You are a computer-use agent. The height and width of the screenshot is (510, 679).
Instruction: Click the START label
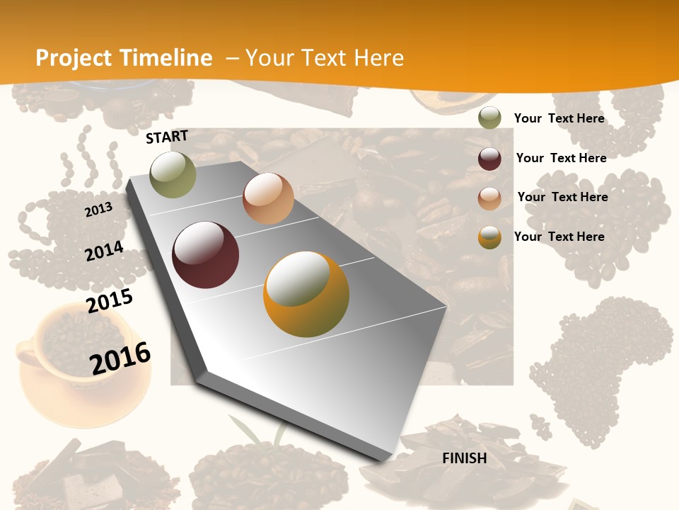(167, 137)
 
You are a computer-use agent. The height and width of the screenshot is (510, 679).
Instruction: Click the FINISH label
(464, 458)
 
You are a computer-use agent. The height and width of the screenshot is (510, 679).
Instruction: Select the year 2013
(98, 210)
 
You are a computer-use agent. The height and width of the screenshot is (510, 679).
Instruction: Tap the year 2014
(104, 251)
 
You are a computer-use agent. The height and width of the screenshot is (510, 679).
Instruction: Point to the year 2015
(110, 301)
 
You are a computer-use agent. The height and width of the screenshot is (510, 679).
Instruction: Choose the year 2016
(120, 358)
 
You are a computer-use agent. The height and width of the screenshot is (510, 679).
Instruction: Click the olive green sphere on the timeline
(173, 174)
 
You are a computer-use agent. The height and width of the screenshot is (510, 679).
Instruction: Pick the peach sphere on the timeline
(268, 198)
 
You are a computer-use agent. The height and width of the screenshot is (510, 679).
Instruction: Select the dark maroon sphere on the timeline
(206, 255)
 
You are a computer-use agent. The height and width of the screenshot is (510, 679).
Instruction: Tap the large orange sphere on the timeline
(306, 294)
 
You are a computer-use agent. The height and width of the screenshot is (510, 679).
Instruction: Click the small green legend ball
(489, 118)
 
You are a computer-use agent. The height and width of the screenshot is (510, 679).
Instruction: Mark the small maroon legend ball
(489, 159)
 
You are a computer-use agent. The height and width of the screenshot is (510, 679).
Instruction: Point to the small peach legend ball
(489, 198)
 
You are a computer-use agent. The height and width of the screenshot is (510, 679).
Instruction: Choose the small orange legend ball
(489, 237)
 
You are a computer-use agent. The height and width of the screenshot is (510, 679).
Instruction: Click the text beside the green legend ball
(559, 118)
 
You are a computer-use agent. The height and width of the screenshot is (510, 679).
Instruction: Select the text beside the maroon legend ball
(561, 158)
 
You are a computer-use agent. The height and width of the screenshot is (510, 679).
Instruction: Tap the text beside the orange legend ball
(559, 237)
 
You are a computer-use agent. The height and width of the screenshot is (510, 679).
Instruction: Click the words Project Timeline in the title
(124, 58)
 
